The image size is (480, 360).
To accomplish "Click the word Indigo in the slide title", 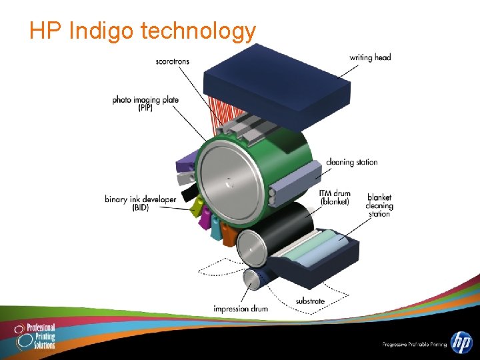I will (102, 30).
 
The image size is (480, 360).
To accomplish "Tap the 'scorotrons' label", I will (172, 61).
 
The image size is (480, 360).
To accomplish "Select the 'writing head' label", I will (370, 57).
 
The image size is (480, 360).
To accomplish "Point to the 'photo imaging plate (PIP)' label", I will (145, 103).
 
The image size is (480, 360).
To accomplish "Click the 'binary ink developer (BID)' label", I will (140, 203).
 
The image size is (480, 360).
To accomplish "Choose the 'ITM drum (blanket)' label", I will (335, 197).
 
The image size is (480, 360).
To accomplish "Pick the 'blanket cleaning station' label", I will (379, 205).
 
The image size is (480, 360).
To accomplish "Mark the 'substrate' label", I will (310, 301).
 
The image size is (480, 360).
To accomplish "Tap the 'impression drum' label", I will (241, 309).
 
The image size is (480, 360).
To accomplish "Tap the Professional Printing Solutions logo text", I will (41, 337).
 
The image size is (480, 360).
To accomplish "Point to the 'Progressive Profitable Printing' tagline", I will (413, 345).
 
